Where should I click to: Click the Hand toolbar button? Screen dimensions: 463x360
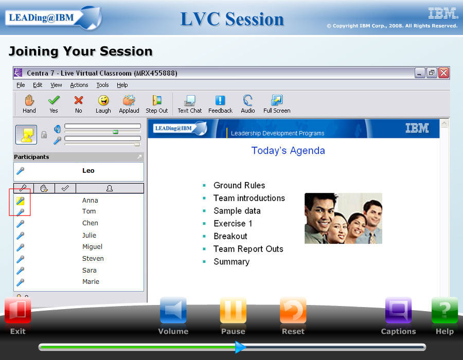point(29,104)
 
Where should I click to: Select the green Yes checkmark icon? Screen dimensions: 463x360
point(54,100)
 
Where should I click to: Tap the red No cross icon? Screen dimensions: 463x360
point(79,100)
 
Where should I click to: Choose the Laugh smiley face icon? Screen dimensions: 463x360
point(103,100)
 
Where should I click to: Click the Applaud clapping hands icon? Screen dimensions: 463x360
point(129,100)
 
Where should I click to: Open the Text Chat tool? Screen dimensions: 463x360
point(189,104)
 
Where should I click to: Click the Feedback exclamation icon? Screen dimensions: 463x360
point(220,100)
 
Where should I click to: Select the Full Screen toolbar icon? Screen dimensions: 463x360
point(277,100)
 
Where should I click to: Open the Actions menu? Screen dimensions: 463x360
point(79,85)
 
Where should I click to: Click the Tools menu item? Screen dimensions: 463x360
point(102,85)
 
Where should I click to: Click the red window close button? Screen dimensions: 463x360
point(443,73)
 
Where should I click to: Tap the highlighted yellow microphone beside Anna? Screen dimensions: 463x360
point(20,201)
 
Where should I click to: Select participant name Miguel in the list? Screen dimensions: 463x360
point(92,247)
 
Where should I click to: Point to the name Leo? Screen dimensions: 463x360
point(88,171)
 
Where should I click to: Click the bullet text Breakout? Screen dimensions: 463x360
point(230,236)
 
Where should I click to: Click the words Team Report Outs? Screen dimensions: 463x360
point(248,249)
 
